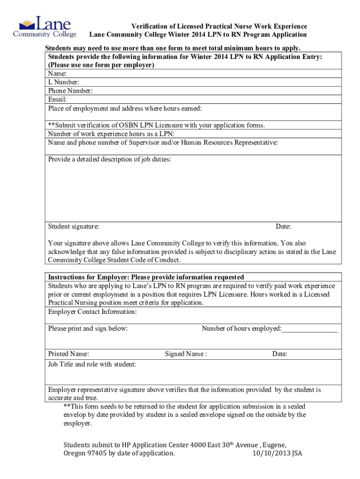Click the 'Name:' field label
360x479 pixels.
click(x=57, y=74)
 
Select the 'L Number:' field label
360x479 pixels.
click(x=63, y=82)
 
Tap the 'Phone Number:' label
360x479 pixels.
click(x=70, y=91)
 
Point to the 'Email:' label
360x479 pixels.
click(x=57, y=99)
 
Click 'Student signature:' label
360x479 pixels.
click(x=73, y=226)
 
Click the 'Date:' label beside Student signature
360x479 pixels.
click(x=283, y=226)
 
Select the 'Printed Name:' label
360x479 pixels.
click(x=69, y=354)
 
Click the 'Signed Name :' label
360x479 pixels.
click(x=186, y=354)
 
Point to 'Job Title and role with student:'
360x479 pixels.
click(x=92, y=364)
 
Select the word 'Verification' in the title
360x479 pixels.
click(x=149, y=26)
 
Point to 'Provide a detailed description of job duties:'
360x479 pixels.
click(x=109, y=160)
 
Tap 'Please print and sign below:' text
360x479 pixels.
click(x=87, y=328)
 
